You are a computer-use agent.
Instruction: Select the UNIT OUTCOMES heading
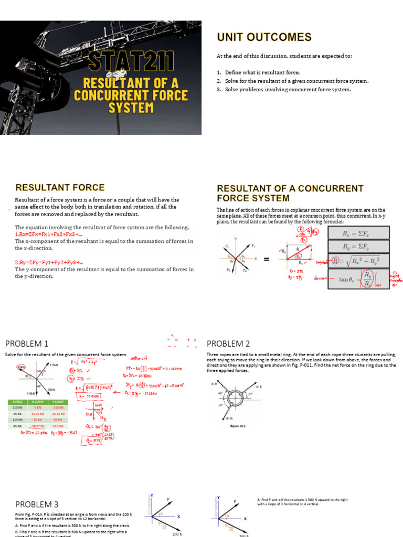[x=264, y=37]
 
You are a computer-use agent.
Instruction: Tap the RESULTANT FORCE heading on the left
[x=60, y=187]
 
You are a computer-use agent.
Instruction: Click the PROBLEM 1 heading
[x=27, y=343]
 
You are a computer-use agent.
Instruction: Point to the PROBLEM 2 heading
[x=228, y=343]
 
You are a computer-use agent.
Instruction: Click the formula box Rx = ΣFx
[x=359, y=232]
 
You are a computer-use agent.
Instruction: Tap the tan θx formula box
[x=359, y=279]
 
